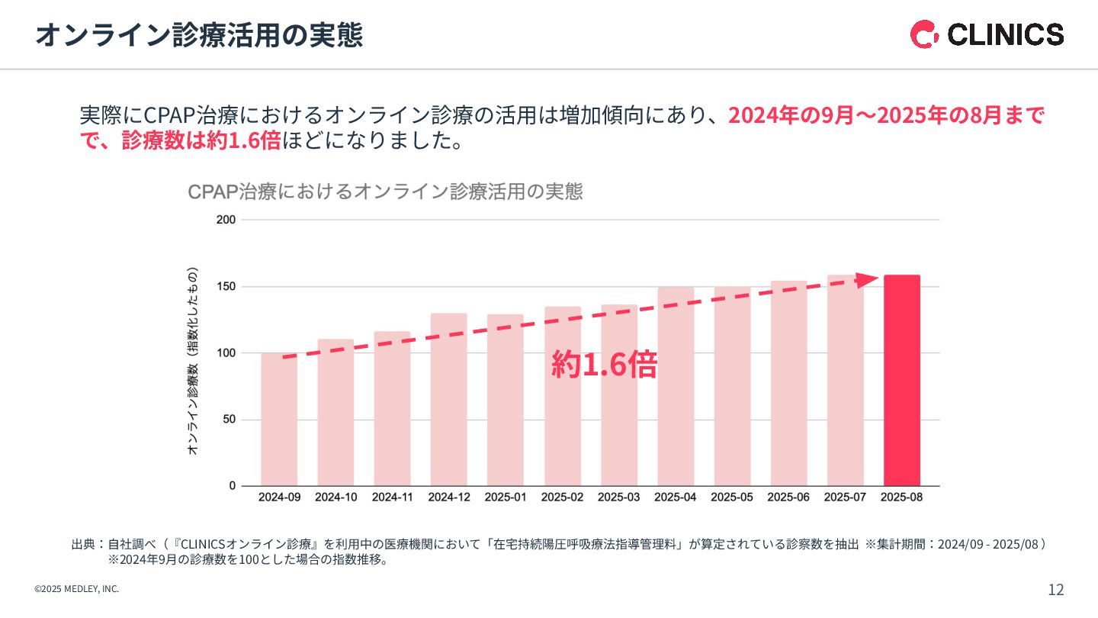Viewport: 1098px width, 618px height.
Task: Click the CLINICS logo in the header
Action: click(987, 34)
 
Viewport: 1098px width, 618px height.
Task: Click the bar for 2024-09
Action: click(279, 420)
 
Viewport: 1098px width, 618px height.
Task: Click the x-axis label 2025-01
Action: click(506, 497)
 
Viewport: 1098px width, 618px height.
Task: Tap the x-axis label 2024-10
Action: click(335, 497)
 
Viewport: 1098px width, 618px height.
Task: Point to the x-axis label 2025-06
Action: click(788, 497)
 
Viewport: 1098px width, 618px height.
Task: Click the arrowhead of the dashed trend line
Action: click(867, 279)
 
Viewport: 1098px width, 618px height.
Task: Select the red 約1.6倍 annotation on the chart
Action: click(604, 365)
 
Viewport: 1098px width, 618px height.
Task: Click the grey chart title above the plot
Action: click(385, 192)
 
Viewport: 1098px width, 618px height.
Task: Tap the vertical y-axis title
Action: click(193, 361)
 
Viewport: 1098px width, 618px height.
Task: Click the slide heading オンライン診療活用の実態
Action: click(199, 35)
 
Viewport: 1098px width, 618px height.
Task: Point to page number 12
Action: click(1055, 590)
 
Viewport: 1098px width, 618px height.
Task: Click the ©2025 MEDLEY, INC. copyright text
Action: click(77, 589)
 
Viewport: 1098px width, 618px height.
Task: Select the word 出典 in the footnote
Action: click(83, 544)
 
